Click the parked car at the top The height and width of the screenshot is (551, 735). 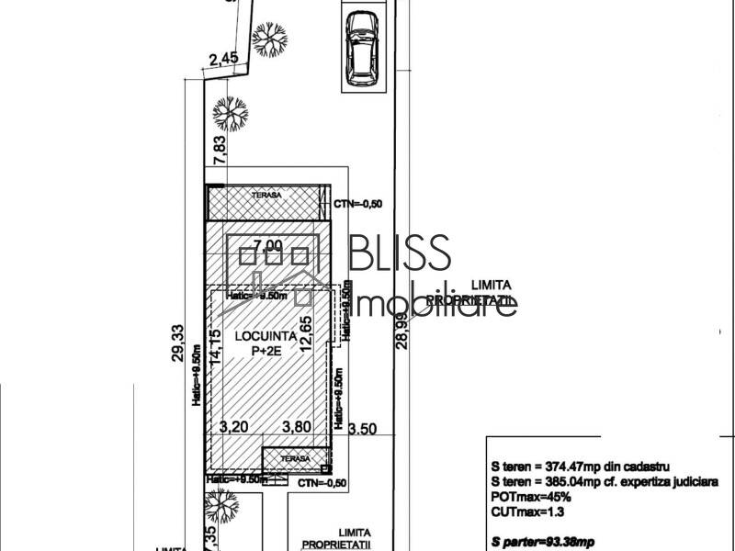(362, 48)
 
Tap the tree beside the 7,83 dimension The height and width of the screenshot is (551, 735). (230, 114)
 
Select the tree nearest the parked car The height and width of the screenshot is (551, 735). (270, 39)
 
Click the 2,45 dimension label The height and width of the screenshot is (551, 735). (223, 59)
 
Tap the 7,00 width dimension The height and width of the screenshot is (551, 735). (268, 246)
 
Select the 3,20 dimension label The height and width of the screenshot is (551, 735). (236, 426)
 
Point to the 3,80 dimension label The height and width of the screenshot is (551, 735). (296, 426)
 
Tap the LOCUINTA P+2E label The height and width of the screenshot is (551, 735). (265, 343)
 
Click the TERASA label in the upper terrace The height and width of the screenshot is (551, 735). (268, 196)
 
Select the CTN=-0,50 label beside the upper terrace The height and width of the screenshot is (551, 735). (358, 203)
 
